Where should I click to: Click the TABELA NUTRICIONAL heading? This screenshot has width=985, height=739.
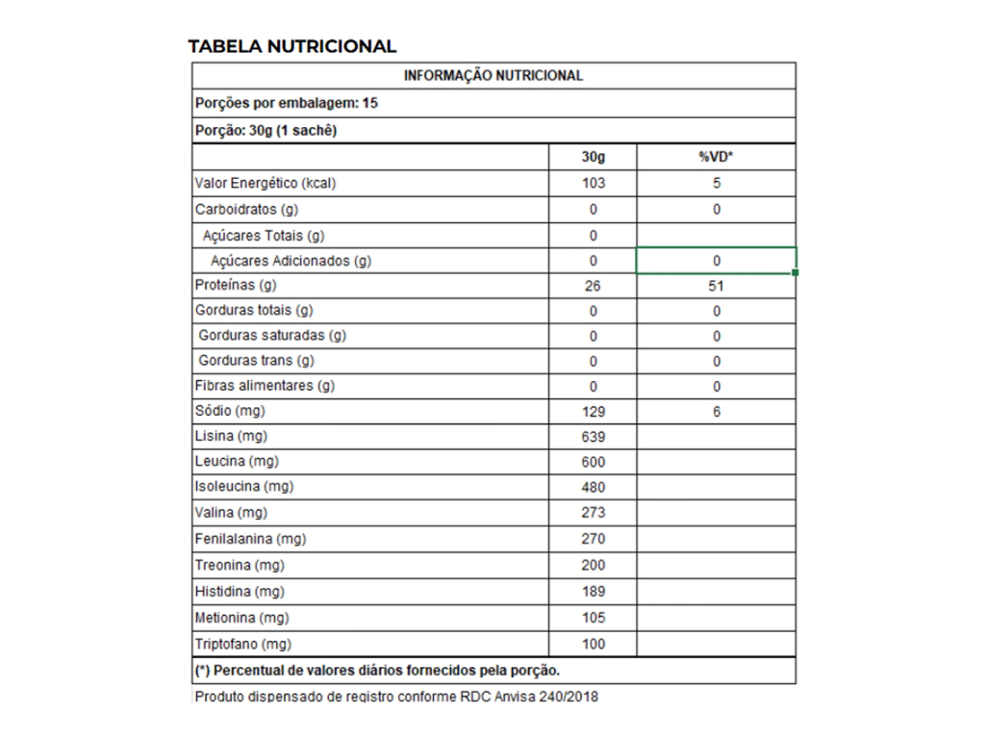pyautogui.click(x=291, y=46)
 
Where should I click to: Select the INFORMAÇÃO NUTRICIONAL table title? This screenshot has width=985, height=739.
pyautogui.click(x=493, y=75)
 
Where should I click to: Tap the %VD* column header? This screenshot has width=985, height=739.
pyautogui.click(x=717, y=157)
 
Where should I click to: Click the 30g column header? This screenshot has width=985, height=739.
pyautogui.click(x=594, y=157)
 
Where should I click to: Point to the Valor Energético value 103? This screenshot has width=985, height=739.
pyautogui.click(x=594, y=183)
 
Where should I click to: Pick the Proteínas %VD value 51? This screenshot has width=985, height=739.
pyautogui.click(x=717, y=286)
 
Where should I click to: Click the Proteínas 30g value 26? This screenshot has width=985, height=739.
pyautogui.click(x=594, y=286)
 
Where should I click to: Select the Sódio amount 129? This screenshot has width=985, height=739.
pyautogui.click(x=594, y=412)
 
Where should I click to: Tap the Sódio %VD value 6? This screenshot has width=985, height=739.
pyautogui.click(x=717, y=412)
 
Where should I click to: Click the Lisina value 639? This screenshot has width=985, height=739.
pyautogui.click(x=594, y=437)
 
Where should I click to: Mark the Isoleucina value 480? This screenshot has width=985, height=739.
pyautogui.click(x=594, y=487)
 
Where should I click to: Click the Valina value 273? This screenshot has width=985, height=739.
pyautogui.click(x=594, y=513)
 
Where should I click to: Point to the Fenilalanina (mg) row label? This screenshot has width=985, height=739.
pyautogui.click(x=250, y=539)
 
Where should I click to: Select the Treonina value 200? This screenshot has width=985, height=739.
pyautogui.click(x=594, y=565)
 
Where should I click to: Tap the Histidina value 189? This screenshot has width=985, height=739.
pyautogui.click(x=594, y=591)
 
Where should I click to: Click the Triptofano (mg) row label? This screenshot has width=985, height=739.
pyautogui.click(x=242, y=644)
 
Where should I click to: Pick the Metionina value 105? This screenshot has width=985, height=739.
pyautogui.click(x=594, y=618)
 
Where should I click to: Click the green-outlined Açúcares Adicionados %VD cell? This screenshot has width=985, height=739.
pyautogui.click(x=717, y=261)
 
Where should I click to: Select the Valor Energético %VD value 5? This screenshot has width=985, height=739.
pyautogui.click(x=717, y=183)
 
